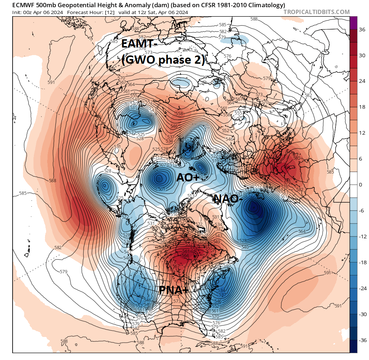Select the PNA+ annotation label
pos(174,290)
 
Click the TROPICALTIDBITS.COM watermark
pos(316,12)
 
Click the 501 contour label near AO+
pos(161,189)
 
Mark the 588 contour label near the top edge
pos(254,19)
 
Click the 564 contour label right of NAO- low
pos(302,231)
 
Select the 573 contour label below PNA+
pos(177,301)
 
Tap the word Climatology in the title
pos(265,5)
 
